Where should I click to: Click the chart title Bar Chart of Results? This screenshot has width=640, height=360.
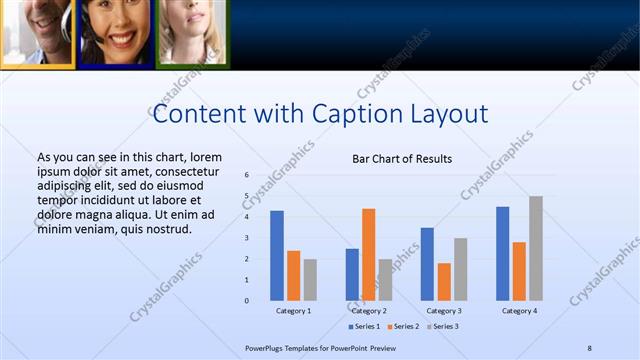click(402, 159)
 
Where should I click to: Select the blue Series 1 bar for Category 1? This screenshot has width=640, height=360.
click(277, 255)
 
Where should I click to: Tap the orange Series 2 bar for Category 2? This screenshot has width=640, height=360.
click(368, 254)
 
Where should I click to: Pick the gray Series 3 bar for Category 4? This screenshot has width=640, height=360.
click(536, 248)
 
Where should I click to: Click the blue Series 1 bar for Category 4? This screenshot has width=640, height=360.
click(502, 253)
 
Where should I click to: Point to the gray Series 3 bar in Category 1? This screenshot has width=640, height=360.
click(310, 279)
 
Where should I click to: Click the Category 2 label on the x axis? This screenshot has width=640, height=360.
click(368, 311)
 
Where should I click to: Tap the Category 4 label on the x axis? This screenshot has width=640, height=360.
click(518, 311)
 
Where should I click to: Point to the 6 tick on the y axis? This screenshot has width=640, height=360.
click(246, 175)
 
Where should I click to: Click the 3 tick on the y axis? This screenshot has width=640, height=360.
click(246, 238)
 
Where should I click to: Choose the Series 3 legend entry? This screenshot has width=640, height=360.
click(443, 327)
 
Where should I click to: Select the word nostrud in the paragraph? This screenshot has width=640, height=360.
click(167, 230)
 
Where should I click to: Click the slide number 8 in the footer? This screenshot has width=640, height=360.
click(590, 347)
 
